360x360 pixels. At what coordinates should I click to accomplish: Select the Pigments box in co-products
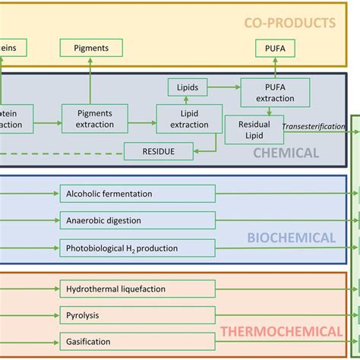point(91,48)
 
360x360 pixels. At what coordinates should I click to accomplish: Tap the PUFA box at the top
point(275,48)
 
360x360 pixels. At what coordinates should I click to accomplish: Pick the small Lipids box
point(187,88)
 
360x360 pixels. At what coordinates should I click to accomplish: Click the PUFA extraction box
point(275,92)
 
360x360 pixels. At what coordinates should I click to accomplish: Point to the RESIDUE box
point(158,152)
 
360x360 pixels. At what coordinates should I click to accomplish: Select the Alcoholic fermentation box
point(127,194)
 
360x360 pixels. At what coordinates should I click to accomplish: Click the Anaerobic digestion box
point(127,221)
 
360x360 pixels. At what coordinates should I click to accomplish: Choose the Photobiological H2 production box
point(127,248)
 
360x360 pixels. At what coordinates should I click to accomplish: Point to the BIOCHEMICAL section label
point(291,238)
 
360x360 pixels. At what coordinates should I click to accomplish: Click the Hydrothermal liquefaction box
point(127,289)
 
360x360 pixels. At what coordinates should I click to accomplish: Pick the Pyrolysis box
point(127,314)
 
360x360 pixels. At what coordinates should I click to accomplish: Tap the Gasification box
point(127,342)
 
